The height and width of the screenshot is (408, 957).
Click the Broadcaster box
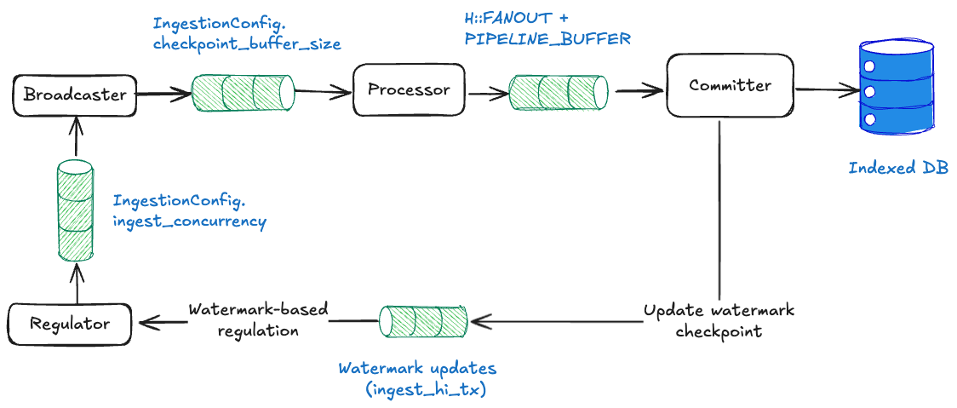[75, 95]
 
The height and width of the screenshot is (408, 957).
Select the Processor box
[409, 90]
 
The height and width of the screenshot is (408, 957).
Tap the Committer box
[730, 85]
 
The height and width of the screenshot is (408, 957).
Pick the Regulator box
[70, 324]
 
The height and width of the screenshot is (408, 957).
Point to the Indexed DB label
[897, 168]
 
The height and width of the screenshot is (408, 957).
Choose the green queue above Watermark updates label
[424, 321]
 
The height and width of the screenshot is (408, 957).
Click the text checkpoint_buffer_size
[247, 44]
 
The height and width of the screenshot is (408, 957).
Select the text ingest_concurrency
[190, 221]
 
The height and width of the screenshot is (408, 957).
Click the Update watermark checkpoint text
[718, 320]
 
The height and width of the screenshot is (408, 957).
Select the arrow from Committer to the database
[826, 89]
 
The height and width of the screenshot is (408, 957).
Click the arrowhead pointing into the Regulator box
[145, 321]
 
